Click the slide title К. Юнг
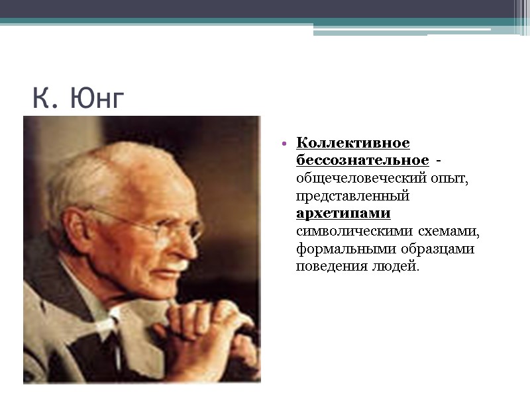[x=78, y=99]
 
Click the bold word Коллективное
[x=352, y=143]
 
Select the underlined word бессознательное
[x=362, y=161]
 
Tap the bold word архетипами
[x=343, y=214]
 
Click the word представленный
[x=352, y=197]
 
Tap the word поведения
[x=328, y=267]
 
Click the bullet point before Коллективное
[x=284, y=144]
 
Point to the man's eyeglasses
[x=166, y=228]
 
